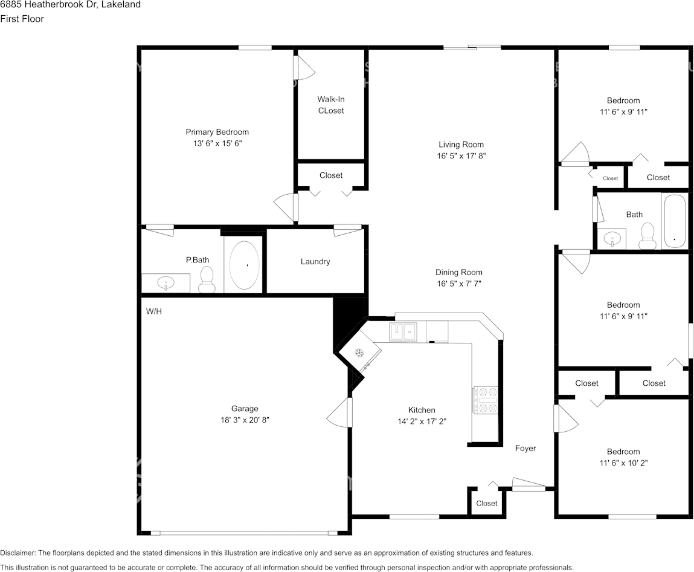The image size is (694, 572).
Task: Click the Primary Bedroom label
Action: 217,132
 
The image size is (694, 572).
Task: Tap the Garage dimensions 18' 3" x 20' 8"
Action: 245,420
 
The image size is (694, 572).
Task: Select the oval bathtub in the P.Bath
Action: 244,265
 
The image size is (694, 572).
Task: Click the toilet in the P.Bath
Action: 206,279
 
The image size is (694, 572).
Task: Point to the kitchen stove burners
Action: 486,400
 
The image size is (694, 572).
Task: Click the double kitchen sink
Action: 403,332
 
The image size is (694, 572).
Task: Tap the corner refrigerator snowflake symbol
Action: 359,353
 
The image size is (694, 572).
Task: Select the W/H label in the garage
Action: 153,311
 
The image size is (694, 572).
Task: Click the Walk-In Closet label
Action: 331,105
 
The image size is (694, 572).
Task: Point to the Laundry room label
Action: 315,261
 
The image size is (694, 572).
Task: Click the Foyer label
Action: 525,449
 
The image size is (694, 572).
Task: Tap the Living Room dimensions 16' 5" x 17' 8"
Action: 461,156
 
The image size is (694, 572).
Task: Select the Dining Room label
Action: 459,272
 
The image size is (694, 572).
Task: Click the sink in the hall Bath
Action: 612,239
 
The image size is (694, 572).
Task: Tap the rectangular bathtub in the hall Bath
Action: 675,221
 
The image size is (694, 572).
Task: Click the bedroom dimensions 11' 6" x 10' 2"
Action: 623,463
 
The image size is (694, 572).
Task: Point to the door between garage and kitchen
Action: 340,412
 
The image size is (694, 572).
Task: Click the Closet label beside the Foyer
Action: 486,503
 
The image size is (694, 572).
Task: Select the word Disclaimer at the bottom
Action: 18,553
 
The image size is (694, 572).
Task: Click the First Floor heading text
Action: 22,19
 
